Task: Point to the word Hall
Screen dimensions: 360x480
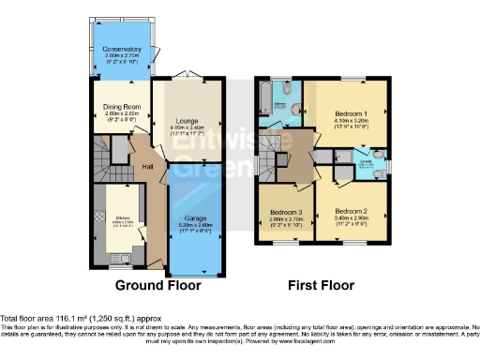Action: (x=148, y=167)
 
